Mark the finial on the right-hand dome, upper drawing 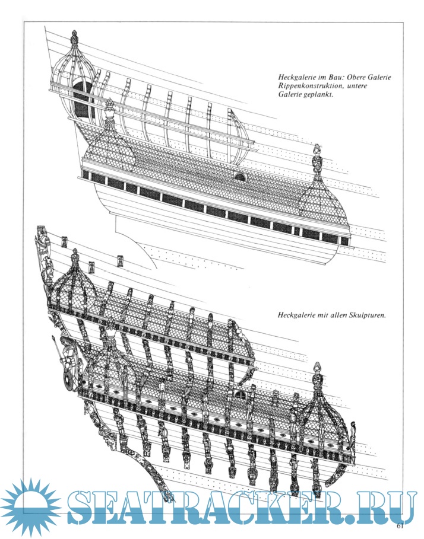click(318, 157)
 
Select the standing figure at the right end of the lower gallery click(353, 436)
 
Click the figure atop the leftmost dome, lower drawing click(75, 259)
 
